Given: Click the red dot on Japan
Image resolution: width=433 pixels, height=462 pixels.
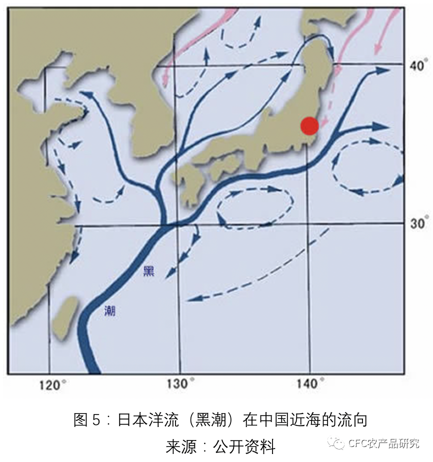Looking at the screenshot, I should tap(309, 125).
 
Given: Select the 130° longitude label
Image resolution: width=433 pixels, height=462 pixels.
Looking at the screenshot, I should tap(180, 384).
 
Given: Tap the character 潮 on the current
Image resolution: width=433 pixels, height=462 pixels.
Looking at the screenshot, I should tap(110, 310).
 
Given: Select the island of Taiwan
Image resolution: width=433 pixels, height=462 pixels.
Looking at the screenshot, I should tap(66, 317).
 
